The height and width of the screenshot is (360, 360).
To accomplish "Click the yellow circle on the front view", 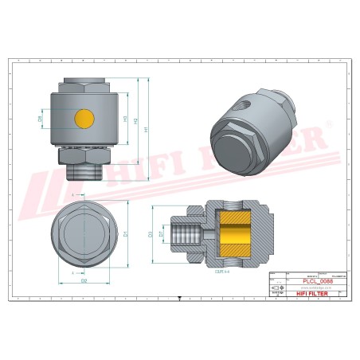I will pyautogui.click(x=84, y=119).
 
